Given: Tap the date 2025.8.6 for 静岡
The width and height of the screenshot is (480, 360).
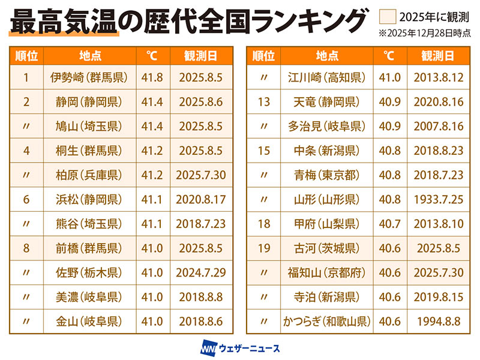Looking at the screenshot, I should (200, 102).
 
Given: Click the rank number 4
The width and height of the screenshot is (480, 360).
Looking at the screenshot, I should (26, 151).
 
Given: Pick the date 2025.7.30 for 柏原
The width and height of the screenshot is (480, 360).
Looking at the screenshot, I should (200, 175).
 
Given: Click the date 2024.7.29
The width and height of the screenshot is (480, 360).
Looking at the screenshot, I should (200, 272).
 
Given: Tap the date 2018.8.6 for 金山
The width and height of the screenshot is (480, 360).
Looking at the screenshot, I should (200, 321).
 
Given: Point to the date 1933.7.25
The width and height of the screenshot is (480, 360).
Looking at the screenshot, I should (437, 199).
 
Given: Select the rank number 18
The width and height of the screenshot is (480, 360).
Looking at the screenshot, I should (263, 224).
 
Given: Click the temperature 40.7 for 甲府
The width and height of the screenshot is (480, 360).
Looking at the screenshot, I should (388, 224).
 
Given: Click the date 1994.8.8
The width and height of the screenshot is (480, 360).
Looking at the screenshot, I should (437, 321).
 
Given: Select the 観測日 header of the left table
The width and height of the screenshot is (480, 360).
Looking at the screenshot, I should (200, 56).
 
